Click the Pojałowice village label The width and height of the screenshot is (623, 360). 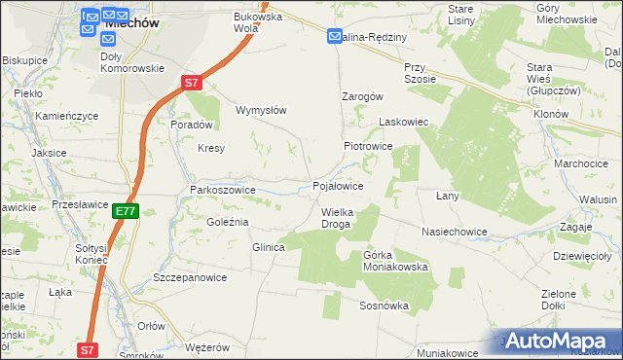(338, 186)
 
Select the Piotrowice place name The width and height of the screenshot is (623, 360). (367, 146)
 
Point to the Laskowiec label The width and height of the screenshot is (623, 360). (403, 123)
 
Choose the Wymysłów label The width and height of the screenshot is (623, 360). (261, 110)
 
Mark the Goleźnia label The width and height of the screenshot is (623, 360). (228, 222)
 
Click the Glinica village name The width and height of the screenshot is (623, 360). (268, 247)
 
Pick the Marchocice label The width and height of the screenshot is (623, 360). (580, 163)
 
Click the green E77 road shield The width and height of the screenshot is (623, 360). (125, 210)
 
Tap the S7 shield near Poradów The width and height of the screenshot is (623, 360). (191, 84)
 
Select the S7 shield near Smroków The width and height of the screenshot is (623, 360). (88, 349)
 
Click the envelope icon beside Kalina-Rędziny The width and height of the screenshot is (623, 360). (334, 37)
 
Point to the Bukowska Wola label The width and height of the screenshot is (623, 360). (258, 22)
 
